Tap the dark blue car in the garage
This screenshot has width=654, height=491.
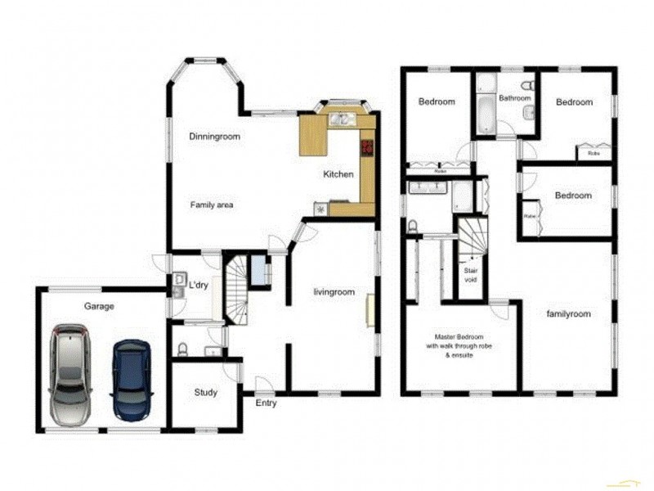pyautogui.click(x=132, y=379)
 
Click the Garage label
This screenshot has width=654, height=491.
pyautogui.click(x=99, y=306)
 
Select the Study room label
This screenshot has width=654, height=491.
pyautogui.click(x=206, y=393)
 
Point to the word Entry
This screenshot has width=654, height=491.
pyautogui.click(x=266, y=403)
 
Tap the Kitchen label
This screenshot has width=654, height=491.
pyautogui.click(x=338, y=174)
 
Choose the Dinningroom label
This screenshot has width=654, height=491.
pyautogui.click(x=214, y=137)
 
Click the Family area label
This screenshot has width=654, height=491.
pyautogui.click(x=213, y=205)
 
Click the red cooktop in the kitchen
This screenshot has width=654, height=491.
pyautogui.click(x=367, y=148)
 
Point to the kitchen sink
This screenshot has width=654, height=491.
pyautogui.click(x=342, y=120)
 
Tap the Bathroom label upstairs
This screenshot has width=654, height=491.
pyautogui.click(x=516, y=98)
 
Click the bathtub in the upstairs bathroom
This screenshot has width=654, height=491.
pyautogui.click(x=484, y=110)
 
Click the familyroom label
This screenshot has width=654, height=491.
pyautogui.click(x=568, y=313)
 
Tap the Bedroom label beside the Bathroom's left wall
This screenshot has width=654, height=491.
pyautogui.click(x=437, y=102)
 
